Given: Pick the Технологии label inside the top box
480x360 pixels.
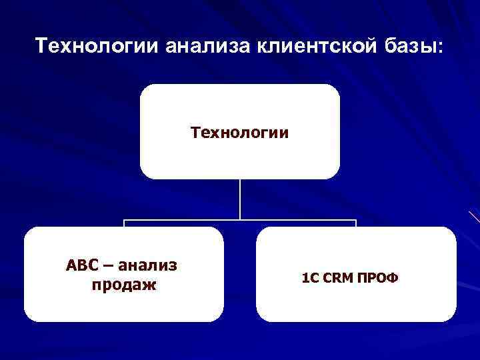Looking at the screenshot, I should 239,133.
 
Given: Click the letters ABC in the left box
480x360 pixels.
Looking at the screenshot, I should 80,266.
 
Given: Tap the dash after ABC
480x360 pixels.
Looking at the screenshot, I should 106,266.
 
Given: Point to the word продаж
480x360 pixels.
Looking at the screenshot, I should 122,285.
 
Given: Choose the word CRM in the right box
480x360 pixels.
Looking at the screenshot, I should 339,276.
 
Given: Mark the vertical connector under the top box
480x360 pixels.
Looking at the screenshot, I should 240,199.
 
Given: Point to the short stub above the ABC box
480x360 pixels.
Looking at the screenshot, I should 124,223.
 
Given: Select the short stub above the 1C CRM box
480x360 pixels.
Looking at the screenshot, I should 356,223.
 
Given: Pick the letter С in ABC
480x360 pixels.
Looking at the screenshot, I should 90,266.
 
